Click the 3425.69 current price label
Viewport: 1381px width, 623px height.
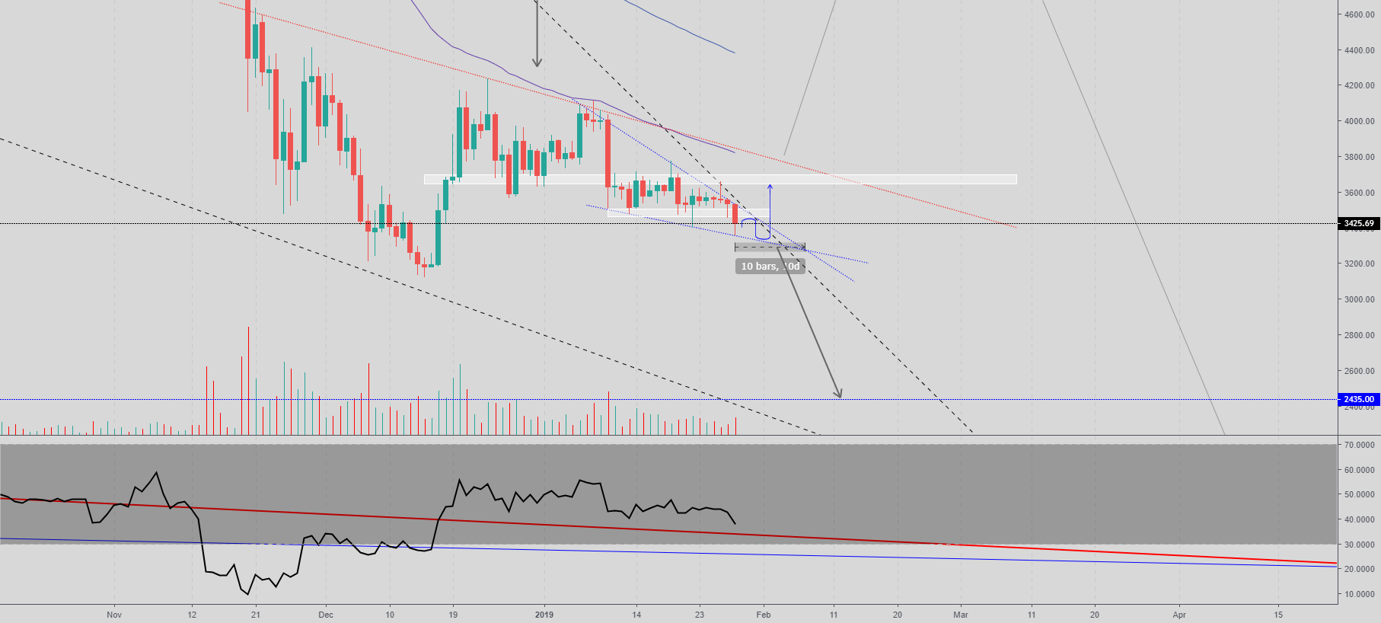(x=1358, y=224)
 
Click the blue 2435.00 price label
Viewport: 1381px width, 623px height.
(x=1358, y=399)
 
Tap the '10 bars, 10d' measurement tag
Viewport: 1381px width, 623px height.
(x=770, y=266)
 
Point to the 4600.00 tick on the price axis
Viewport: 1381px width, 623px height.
(x=1359, y=14)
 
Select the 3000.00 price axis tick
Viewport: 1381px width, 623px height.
(x=1359, y=299)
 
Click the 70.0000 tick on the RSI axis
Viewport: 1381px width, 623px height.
(x=1359, y=445)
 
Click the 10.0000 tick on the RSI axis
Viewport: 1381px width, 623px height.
(x=1359, y=594)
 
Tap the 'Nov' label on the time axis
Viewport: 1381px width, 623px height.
(x=114, y=615)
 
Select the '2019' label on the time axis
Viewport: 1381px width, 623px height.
(x=544, y=615)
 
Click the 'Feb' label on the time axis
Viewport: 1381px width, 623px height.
(x=764, y=615)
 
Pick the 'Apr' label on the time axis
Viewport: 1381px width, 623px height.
(x=1179, y=615)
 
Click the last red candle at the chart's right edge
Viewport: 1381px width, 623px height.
(x=735, y=213)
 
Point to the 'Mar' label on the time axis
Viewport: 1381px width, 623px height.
(x=961, y=615)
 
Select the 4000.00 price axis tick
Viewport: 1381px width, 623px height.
(x=1359, y=121)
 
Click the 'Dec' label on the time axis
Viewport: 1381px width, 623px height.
(x=326, y=615)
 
